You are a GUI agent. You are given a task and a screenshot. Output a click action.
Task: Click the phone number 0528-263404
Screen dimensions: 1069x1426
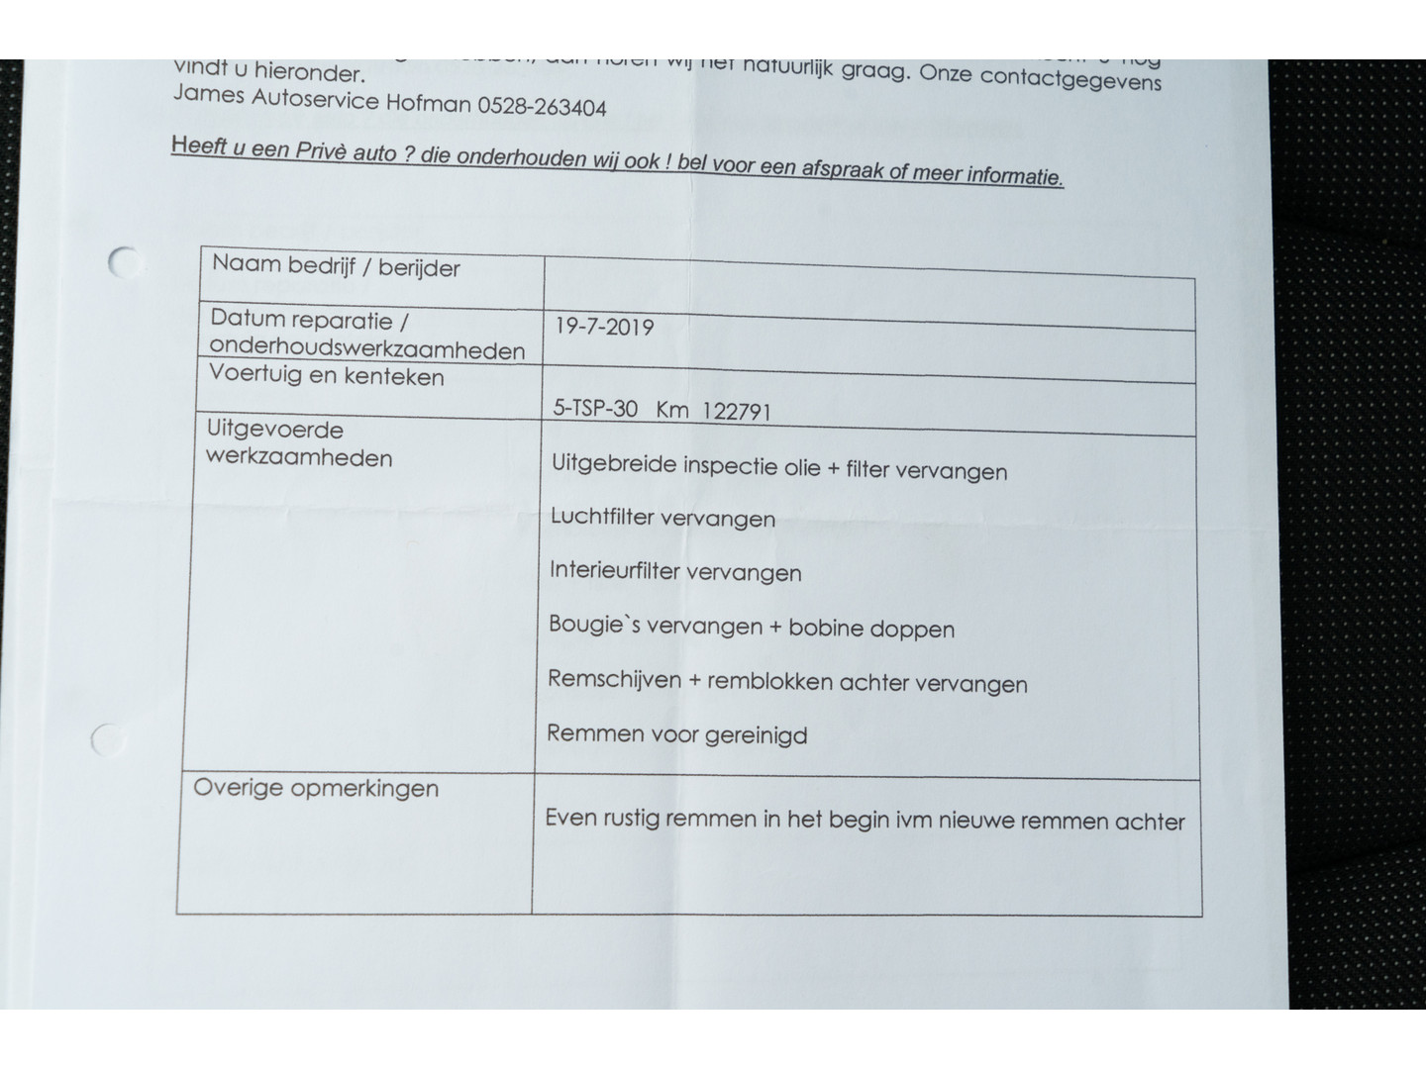(542, 106)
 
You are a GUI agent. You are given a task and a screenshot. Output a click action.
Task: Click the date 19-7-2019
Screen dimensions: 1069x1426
(604, 327)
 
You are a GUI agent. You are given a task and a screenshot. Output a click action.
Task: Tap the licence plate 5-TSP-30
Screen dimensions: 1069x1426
(595, 408)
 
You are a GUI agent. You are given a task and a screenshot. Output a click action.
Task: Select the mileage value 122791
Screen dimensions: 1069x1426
(736, 412)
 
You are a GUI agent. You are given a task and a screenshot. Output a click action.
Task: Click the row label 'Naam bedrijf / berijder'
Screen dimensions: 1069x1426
(336, 266)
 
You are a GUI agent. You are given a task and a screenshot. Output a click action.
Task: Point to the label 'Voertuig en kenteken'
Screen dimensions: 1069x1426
(327, 376)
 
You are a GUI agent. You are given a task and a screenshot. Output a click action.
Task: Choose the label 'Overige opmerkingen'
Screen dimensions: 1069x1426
(316, 788)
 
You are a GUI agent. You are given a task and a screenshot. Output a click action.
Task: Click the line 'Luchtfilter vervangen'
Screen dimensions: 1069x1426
(662, 518)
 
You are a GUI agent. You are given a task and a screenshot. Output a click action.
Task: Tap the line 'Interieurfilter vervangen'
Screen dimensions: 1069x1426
(675, 571)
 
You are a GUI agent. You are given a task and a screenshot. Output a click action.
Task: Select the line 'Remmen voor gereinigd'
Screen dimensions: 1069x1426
(677, 734)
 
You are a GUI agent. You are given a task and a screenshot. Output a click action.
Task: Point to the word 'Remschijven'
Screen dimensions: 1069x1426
(614, 679)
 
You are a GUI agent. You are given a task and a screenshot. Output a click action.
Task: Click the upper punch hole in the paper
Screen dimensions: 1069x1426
(124, 262)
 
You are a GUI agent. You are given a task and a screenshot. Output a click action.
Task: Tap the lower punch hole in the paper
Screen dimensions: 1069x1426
(106, 739)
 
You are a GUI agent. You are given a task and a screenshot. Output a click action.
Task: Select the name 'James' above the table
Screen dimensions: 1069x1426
(208, 96)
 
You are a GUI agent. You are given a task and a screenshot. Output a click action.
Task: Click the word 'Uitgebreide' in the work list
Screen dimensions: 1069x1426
(614, 464)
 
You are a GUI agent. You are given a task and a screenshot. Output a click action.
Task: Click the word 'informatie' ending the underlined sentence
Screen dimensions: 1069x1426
(1014, 176)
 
